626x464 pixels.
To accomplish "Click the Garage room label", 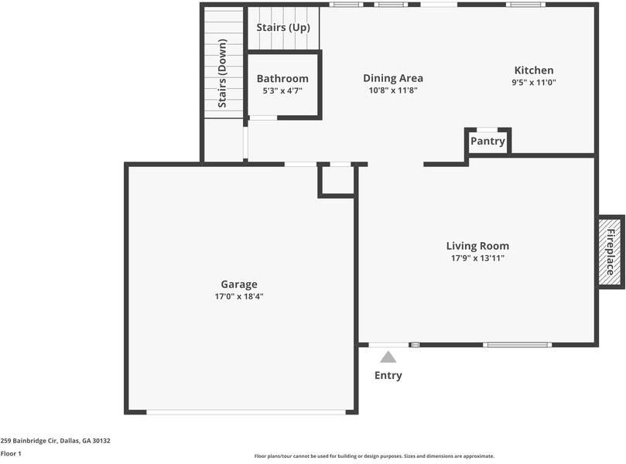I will (x=238, y=284).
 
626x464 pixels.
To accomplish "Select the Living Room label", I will (x=477, y=246).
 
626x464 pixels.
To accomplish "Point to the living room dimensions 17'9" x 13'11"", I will (x=477, y=258).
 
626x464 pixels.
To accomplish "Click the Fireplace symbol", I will (x=610, y=252).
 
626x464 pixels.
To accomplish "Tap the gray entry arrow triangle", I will (x=388, y=357).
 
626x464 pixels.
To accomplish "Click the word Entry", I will (x=388, y=376).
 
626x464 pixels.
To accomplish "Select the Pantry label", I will (x=487, y=141).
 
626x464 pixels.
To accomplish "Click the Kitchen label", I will (x=534, y=70).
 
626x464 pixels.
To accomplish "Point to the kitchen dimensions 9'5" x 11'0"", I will (x=534, y=82).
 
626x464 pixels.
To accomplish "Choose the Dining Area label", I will (x=393, y=78).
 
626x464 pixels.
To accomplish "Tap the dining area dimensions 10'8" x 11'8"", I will (x=393, y=90).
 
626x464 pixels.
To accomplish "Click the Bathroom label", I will (x=282, y=78).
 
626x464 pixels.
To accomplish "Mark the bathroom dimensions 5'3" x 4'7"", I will (x=282, y=90).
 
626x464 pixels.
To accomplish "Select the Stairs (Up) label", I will (x=283, y=28).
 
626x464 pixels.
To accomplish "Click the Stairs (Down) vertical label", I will (x=222, y=73).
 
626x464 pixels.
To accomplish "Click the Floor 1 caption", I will (x=11, y=454).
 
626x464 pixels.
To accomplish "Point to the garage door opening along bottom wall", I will (x=246, y=411).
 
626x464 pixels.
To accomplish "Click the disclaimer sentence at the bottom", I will (x=374, y=456).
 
